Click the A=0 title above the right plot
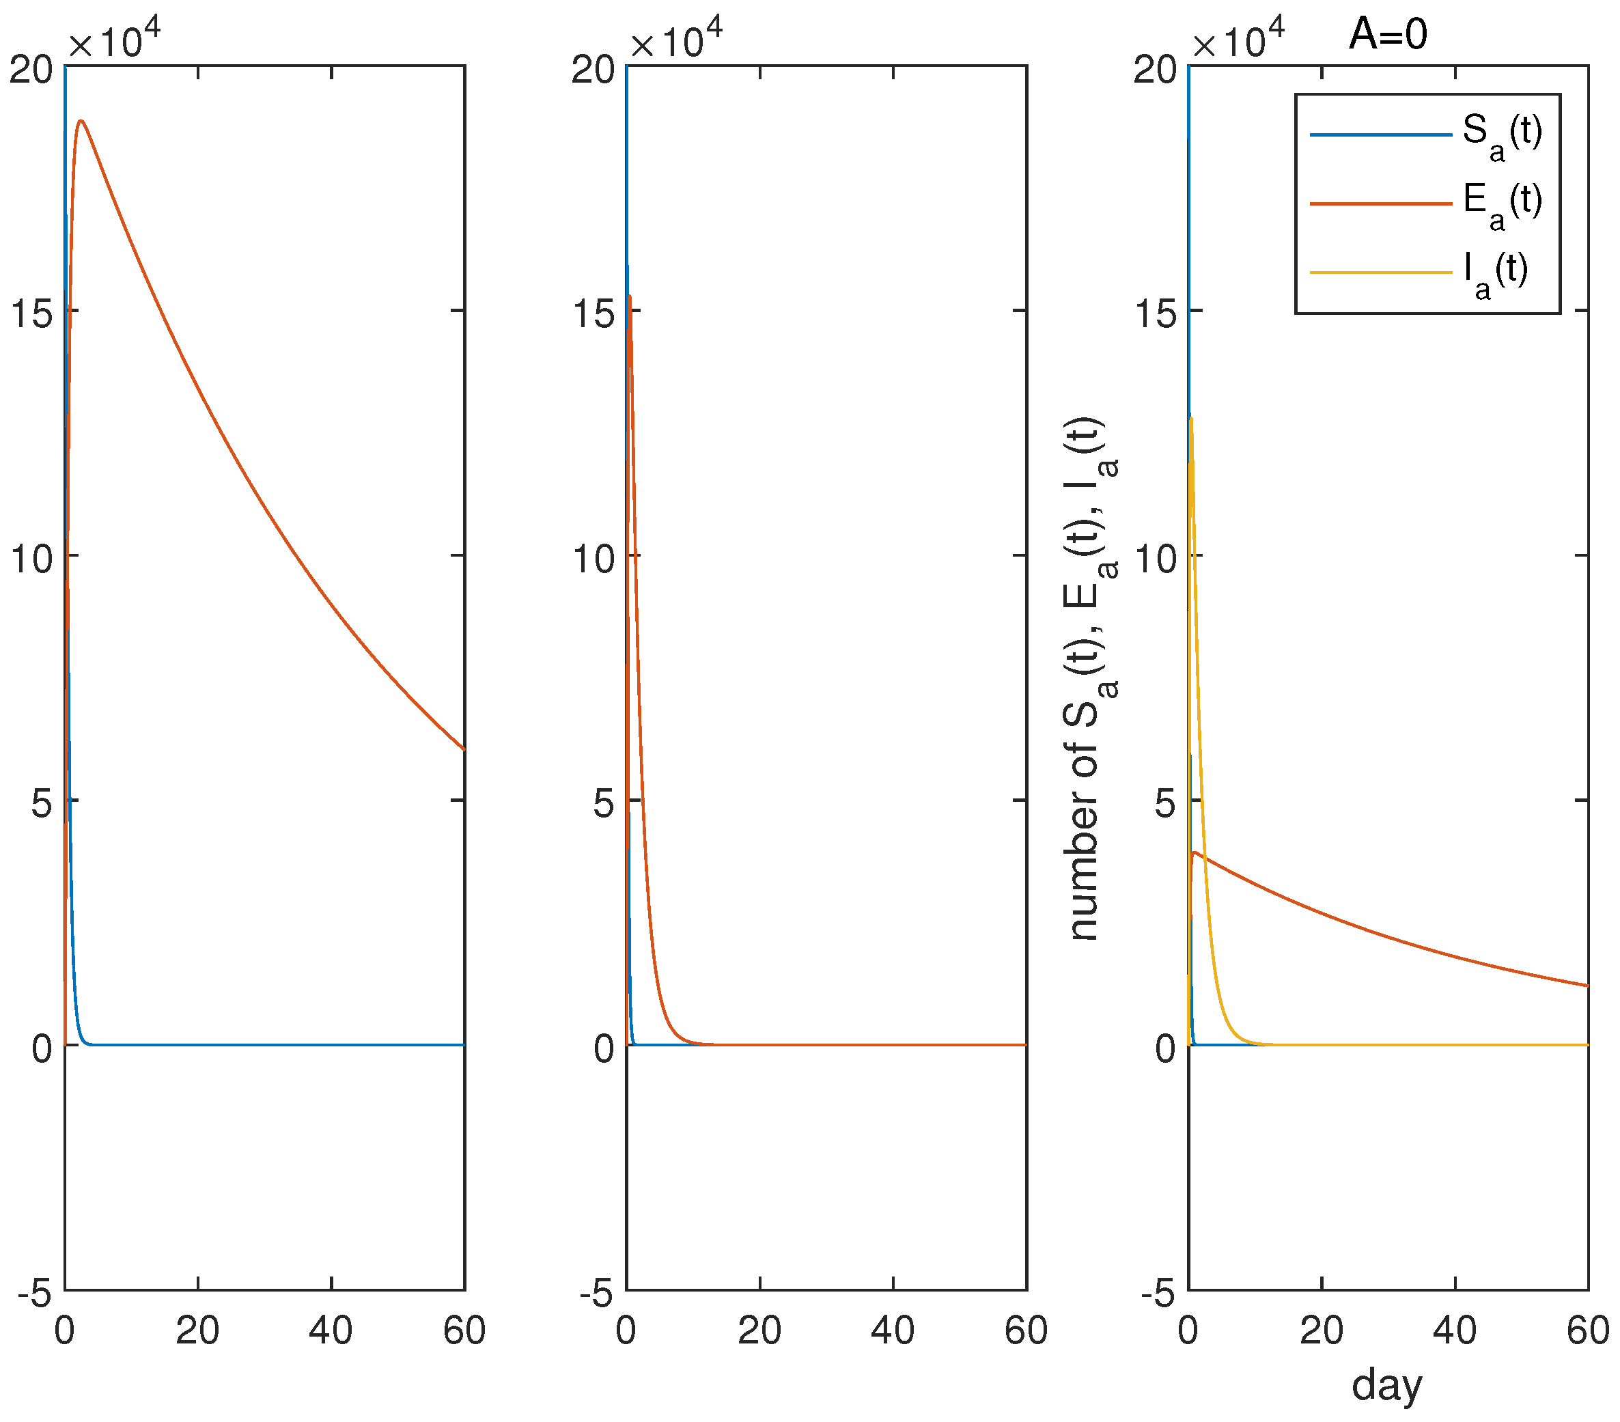(1388, 35)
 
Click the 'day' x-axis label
(1387, 1384)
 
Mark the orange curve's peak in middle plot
(629, 296)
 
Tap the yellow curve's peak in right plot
(1191, 418)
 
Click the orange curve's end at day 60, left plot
(464, 749)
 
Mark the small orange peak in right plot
(1195, 853)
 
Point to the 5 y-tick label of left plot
(44, 804)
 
